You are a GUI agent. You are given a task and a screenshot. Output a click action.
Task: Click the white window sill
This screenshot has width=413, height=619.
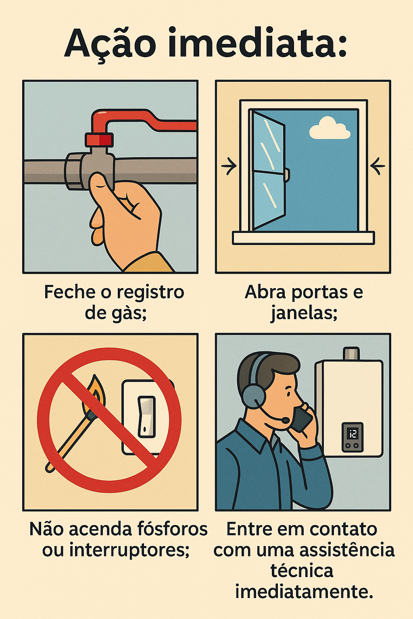pos(303,238)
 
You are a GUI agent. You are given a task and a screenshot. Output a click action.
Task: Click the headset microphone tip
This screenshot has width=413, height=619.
pos(286,421)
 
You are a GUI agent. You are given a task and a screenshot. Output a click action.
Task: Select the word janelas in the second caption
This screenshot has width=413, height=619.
pos(303,314)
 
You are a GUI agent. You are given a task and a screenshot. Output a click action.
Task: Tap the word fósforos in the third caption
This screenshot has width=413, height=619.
pos(172,529)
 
